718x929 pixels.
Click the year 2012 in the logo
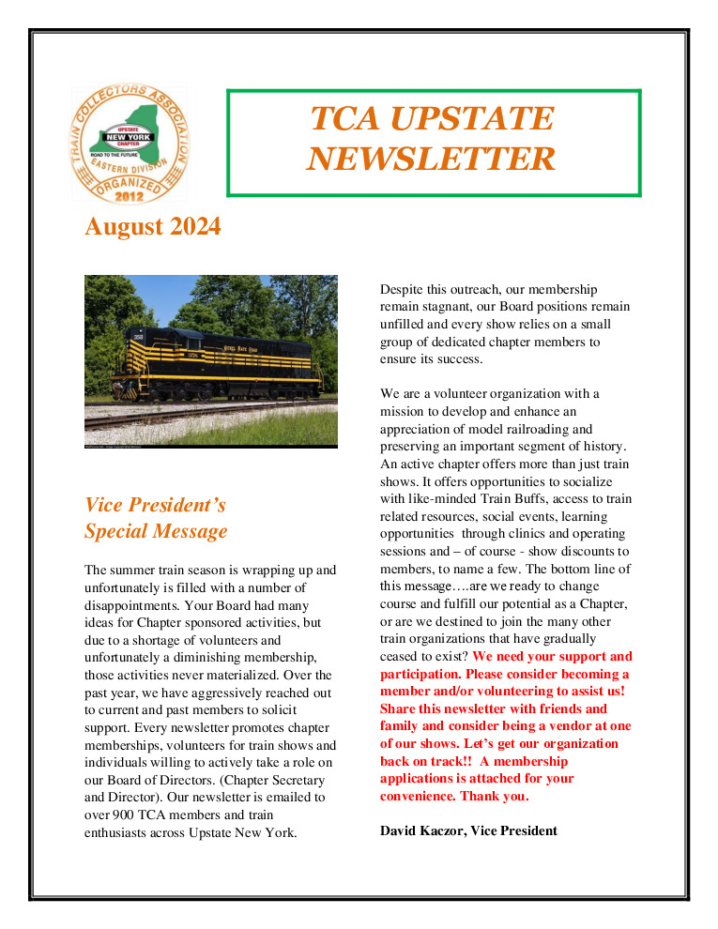(130, 196)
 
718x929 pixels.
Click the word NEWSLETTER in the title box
(431, 159)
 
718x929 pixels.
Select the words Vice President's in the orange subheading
(155, 505)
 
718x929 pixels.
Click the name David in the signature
(401, 830)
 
